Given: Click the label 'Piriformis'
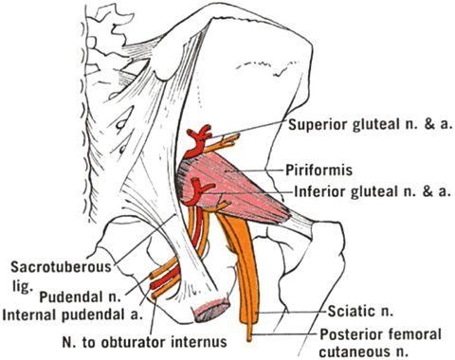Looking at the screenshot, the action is pos(318,171).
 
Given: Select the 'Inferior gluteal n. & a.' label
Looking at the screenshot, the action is pos(373,191).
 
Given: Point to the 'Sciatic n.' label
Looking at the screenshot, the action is pos(360,312).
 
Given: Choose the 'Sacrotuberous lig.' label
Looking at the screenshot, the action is pos(62,274).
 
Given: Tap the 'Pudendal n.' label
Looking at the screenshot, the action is pos(81,297).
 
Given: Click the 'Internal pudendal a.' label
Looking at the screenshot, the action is pos(71,315).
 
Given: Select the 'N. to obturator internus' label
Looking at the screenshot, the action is pos(145,342).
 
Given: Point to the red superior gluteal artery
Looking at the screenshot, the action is pos(197,140).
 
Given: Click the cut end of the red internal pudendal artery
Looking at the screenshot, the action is pos(153,286).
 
